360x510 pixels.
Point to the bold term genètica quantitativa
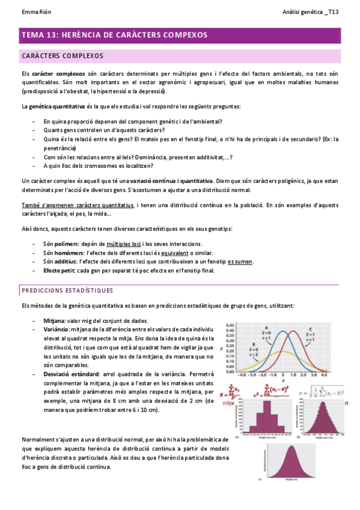(x=57, y=106)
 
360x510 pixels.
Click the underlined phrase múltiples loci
(x=124, y=244)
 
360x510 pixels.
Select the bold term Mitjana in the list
(x=55, y=321)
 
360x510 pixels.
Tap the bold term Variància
(x=56, y=330)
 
